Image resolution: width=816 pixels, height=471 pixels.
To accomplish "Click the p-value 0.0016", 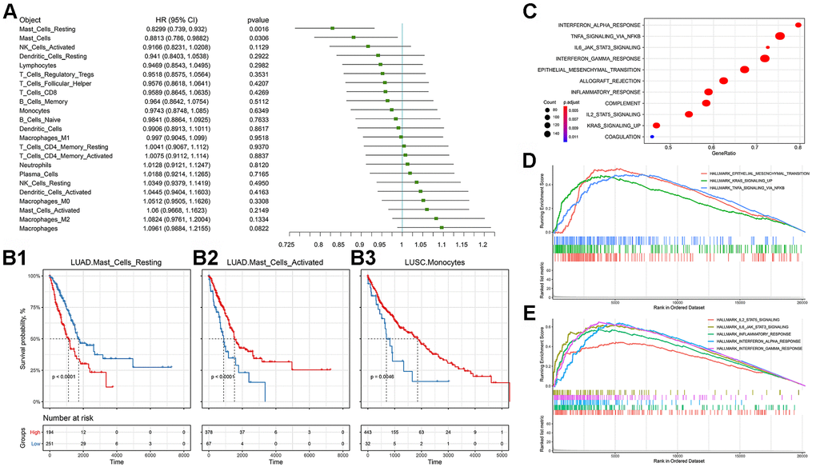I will coord(258,30).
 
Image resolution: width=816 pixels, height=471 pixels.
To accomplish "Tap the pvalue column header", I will coord(260,18).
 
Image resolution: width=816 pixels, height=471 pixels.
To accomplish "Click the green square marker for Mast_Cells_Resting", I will coord(333,30).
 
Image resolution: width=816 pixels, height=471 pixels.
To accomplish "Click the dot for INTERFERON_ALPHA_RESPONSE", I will coord(798,25).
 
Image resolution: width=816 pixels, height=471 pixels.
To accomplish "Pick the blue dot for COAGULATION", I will coord(653,137).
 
